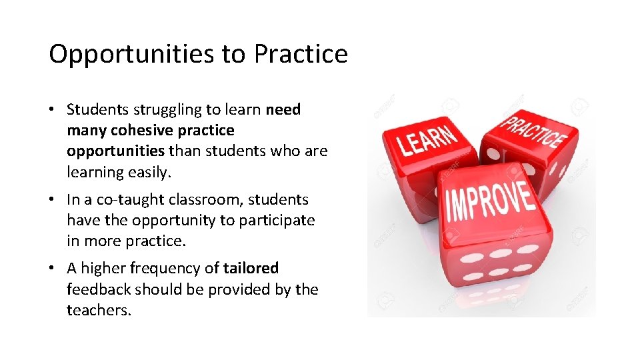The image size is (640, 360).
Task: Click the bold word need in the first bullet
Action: pos(283,109)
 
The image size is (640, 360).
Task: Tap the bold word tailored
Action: pos(251,269)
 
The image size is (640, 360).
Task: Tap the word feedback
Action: pos(99,290)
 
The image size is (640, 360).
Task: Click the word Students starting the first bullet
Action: pos(92,109)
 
